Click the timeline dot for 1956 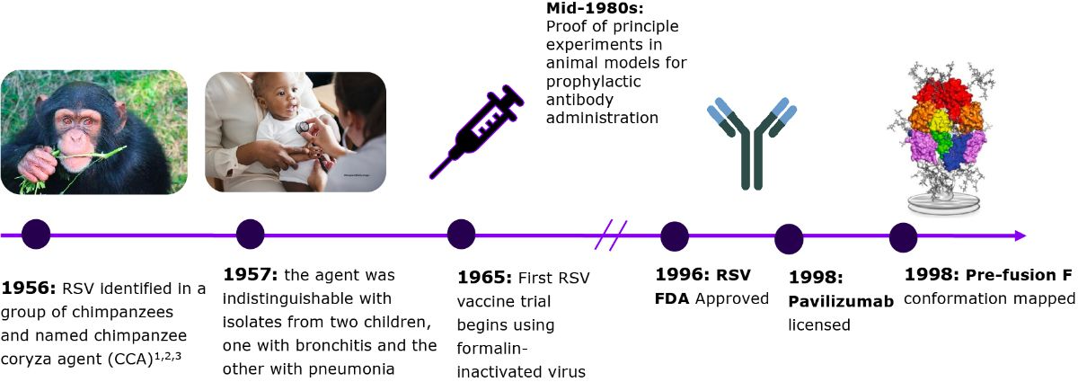pyautogui.click(x=36, y=234)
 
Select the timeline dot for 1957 pyautogui.click(x=251, y=234)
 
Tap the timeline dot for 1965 pyautogui.click(x=461, y=234)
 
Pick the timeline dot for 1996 pyautogui.click(x=675, y=236)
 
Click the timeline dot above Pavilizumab pyautogui.click(x=789, y=239)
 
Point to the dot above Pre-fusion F pyautogui.click(x=904, y=237)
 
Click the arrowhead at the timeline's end pyautogui.click(x=1021, y=235)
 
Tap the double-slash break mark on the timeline pyautogui.click(x=611, y=235)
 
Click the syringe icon pyautogui.click(x=476, y=131)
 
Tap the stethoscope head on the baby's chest pyautogui.click(x=303, y=127)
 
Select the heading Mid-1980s pyautogui.click(x=595, y=8)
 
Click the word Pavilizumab pyautogui.click(x=841, y=301)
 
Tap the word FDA pyautogui.click(x=672, y=298)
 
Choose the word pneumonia pyautogui.click(x=351, y=369)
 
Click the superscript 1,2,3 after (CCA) pyautogui.click(x=167, y=357)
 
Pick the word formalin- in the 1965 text pyautogui.click(x=492, y=348)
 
